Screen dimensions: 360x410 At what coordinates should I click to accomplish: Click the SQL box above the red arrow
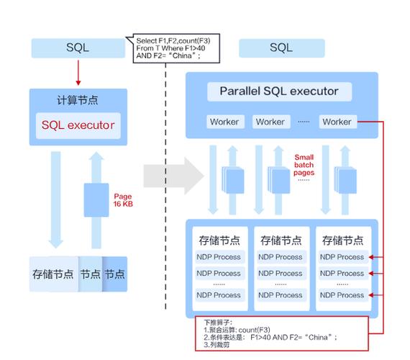[78, 48]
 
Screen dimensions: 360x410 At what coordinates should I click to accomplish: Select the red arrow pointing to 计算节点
[78, 73]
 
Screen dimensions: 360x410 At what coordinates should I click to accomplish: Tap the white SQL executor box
[78, 125]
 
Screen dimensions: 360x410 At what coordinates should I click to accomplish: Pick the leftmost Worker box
[224, 122]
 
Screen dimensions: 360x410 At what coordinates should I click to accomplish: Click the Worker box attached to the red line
[337, 122]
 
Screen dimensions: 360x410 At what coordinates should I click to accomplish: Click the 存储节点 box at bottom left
[53, 274]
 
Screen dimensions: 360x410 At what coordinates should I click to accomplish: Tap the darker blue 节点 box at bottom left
[115, 274]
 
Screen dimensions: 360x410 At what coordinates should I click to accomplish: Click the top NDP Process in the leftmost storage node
[219, 257]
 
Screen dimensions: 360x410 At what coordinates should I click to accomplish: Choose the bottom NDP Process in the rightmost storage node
[342, 295]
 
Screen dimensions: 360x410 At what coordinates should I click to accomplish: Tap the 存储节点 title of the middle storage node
[281, 240]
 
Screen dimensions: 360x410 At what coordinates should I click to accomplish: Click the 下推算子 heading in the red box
[219, 322]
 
